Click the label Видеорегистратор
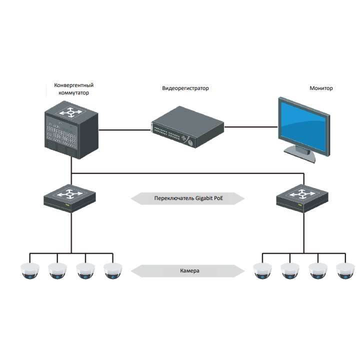185,88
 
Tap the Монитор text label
321,88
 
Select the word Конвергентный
73,85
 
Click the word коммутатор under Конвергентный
73,93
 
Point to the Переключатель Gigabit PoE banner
188,198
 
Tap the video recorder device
187,127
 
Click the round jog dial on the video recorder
190,142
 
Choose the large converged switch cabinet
71,130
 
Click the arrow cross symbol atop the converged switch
71,112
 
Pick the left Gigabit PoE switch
69,198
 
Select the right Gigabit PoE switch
302,198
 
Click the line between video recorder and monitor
251,126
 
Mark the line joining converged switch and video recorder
124,130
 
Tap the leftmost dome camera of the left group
30,271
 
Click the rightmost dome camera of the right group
345,271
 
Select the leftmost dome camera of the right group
262,271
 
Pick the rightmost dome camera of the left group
112,271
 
